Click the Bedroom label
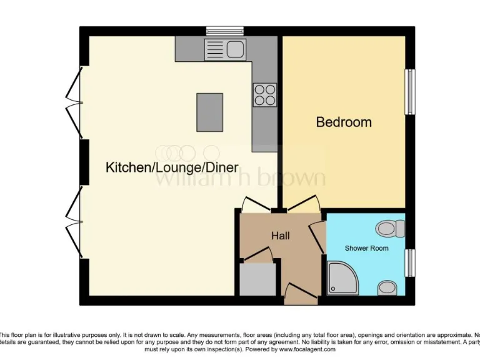344,122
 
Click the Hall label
281,236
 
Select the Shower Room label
366,248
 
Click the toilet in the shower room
391,229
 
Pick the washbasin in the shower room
387,287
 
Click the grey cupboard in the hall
257,279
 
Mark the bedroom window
411,92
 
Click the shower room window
411,262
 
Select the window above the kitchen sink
225,29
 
